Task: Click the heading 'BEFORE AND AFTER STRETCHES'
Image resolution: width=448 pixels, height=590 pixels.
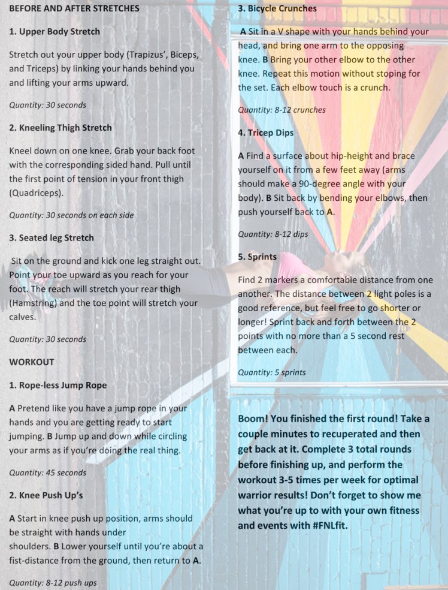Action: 74,9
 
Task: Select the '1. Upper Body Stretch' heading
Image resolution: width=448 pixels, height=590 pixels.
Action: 55,32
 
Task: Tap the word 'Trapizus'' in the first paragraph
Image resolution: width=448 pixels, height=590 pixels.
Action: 134,55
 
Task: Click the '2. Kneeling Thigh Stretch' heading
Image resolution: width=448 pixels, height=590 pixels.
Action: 60,128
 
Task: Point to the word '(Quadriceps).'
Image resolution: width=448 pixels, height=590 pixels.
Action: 37,193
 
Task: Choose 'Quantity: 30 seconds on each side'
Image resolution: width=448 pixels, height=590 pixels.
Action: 71,215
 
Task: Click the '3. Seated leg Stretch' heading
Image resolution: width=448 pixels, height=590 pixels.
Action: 52,238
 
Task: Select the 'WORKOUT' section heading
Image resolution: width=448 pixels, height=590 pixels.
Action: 32,362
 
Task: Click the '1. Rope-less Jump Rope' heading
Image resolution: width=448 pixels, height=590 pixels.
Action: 57,385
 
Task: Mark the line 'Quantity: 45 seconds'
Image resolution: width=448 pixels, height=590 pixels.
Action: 48,472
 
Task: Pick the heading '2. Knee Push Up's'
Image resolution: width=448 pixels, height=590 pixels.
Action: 46,495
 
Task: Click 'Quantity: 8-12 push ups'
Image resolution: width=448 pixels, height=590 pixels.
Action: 53,582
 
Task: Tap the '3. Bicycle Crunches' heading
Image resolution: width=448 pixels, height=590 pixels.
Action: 277,9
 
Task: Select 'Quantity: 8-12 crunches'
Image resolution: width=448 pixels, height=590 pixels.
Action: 281,110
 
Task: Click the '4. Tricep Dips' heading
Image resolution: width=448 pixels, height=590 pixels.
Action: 266,133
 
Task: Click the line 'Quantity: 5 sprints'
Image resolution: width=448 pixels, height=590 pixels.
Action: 271,372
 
